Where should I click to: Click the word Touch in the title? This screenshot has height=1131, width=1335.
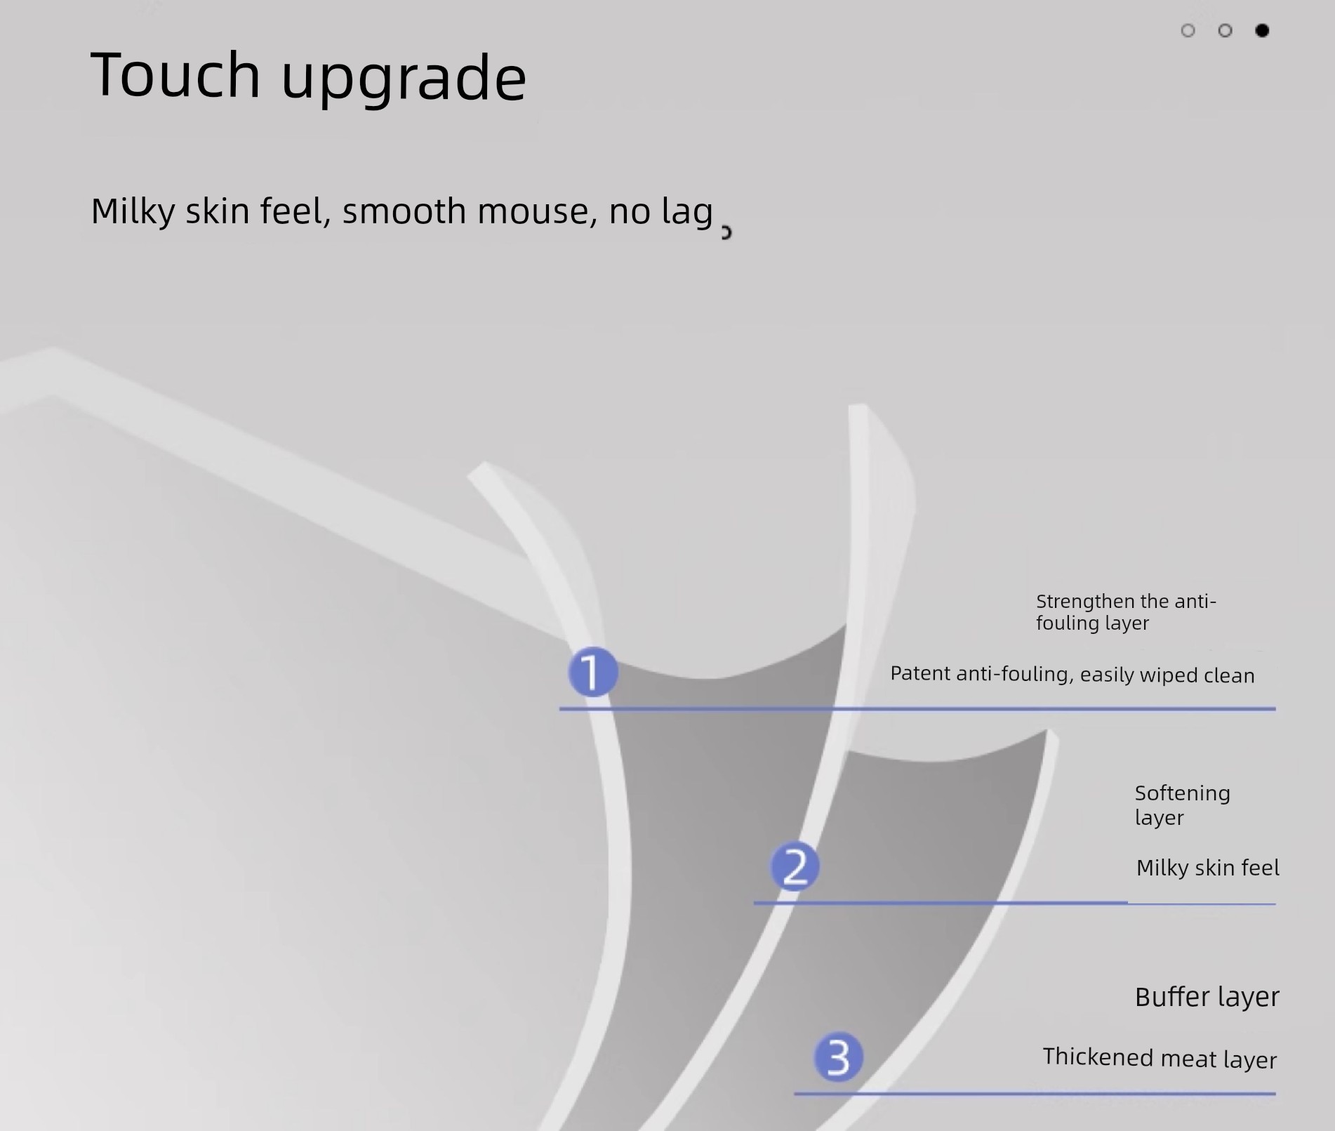click(175, 74)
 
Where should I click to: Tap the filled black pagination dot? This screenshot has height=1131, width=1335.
click(1262, 30)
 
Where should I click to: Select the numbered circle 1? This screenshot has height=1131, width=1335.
click(593, 672)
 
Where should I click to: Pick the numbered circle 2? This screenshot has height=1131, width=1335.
click(795, 866)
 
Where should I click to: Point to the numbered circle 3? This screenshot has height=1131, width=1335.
click(838, 1057)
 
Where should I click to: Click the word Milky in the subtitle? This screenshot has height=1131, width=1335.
click(133, 211)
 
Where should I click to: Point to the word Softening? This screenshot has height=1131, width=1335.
click(1183, 794)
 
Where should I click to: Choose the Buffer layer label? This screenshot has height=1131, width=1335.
click(1207, 997)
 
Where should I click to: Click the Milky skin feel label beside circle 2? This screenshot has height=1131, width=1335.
click(1208, 868)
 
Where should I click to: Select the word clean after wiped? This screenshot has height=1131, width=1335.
click(1229, 675)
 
